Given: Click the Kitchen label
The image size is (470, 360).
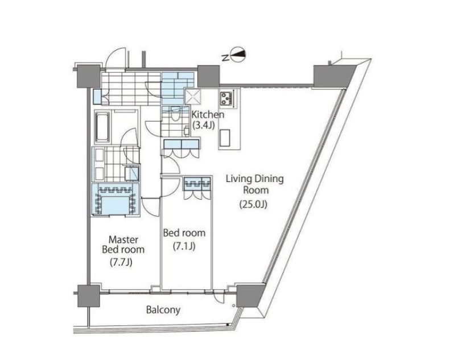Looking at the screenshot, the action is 208,114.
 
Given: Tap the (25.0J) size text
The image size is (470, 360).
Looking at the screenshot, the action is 253,204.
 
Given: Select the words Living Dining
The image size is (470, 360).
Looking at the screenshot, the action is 254,179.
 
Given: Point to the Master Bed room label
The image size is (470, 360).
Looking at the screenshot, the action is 123,245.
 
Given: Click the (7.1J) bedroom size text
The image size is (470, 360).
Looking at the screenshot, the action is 184,246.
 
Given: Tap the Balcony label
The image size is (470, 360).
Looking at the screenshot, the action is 163,310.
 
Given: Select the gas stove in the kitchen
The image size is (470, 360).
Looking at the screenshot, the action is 227,98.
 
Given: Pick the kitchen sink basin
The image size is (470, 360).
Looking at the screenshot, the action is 225,138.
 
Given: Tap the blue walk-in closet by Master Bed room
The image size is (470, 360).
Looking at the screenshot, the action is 116,199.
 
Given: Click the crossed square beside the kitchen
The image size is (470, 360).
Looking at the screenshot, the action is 192,97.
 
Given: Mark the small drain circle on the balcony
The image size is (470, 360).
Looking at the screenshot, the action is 233,306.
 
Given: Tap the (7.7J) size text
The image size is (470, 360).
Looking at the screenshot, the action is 121,262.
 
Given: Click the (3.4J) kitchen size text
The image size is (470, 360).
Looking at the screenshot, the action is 204,125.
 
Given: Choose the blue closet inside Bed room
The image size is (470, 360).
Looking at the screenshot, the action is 197,183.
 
